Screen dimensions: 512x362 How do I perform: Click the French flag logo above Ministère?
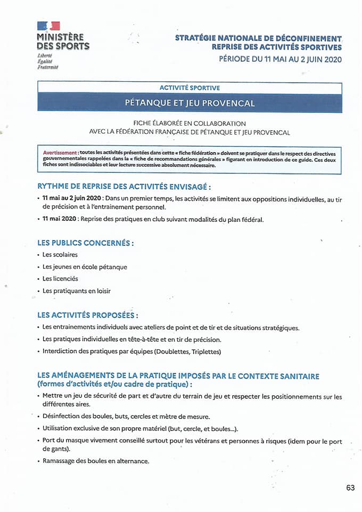pyautogui.click(x=48, y=25)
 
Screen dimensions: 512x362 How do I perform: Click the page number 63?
pyautogui.click(x=350, y=487)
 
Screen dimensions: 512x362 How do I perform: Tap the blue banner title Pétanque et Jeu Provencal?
pyautogui.click(x=190, y=102)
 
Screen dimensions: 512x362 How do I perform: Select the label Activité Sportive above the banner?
pyautogui.click(x=190, y=87)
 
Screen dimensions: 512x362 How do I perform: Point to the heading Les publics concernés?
pyautogui.click(x=85, y=243)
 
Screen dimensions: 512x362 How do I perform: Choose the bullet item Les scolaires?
pyautogui.click(x=60, y=254)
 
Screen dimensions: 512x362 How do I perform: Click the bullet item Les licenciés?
pyautogui.click(x=60, y=278)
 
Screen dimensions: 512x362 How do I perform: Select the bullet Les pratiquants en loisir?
pyautogui.click(x=77, y=291)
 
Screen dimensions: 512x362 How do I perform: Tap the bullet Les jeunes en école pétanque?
pyautogui.click(x=85, y=267)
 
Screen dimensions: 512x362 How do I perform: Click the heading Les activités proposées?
pyautogui.click(x=88, y=315)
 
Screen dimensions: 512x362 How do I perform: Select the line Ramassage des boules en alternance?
pyautogui.click(x=96, y=461)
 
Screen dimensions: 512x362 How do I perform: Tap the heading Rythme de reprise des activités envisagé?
pyautogui.click(x=124, y=187)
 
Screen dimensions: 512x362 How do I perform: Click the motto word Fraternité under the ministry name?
pyautogui.click(x=48, y=67)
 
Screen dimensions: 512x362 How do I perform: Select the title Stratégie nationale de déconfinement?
pyautogui.click(x=258, y=38)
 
